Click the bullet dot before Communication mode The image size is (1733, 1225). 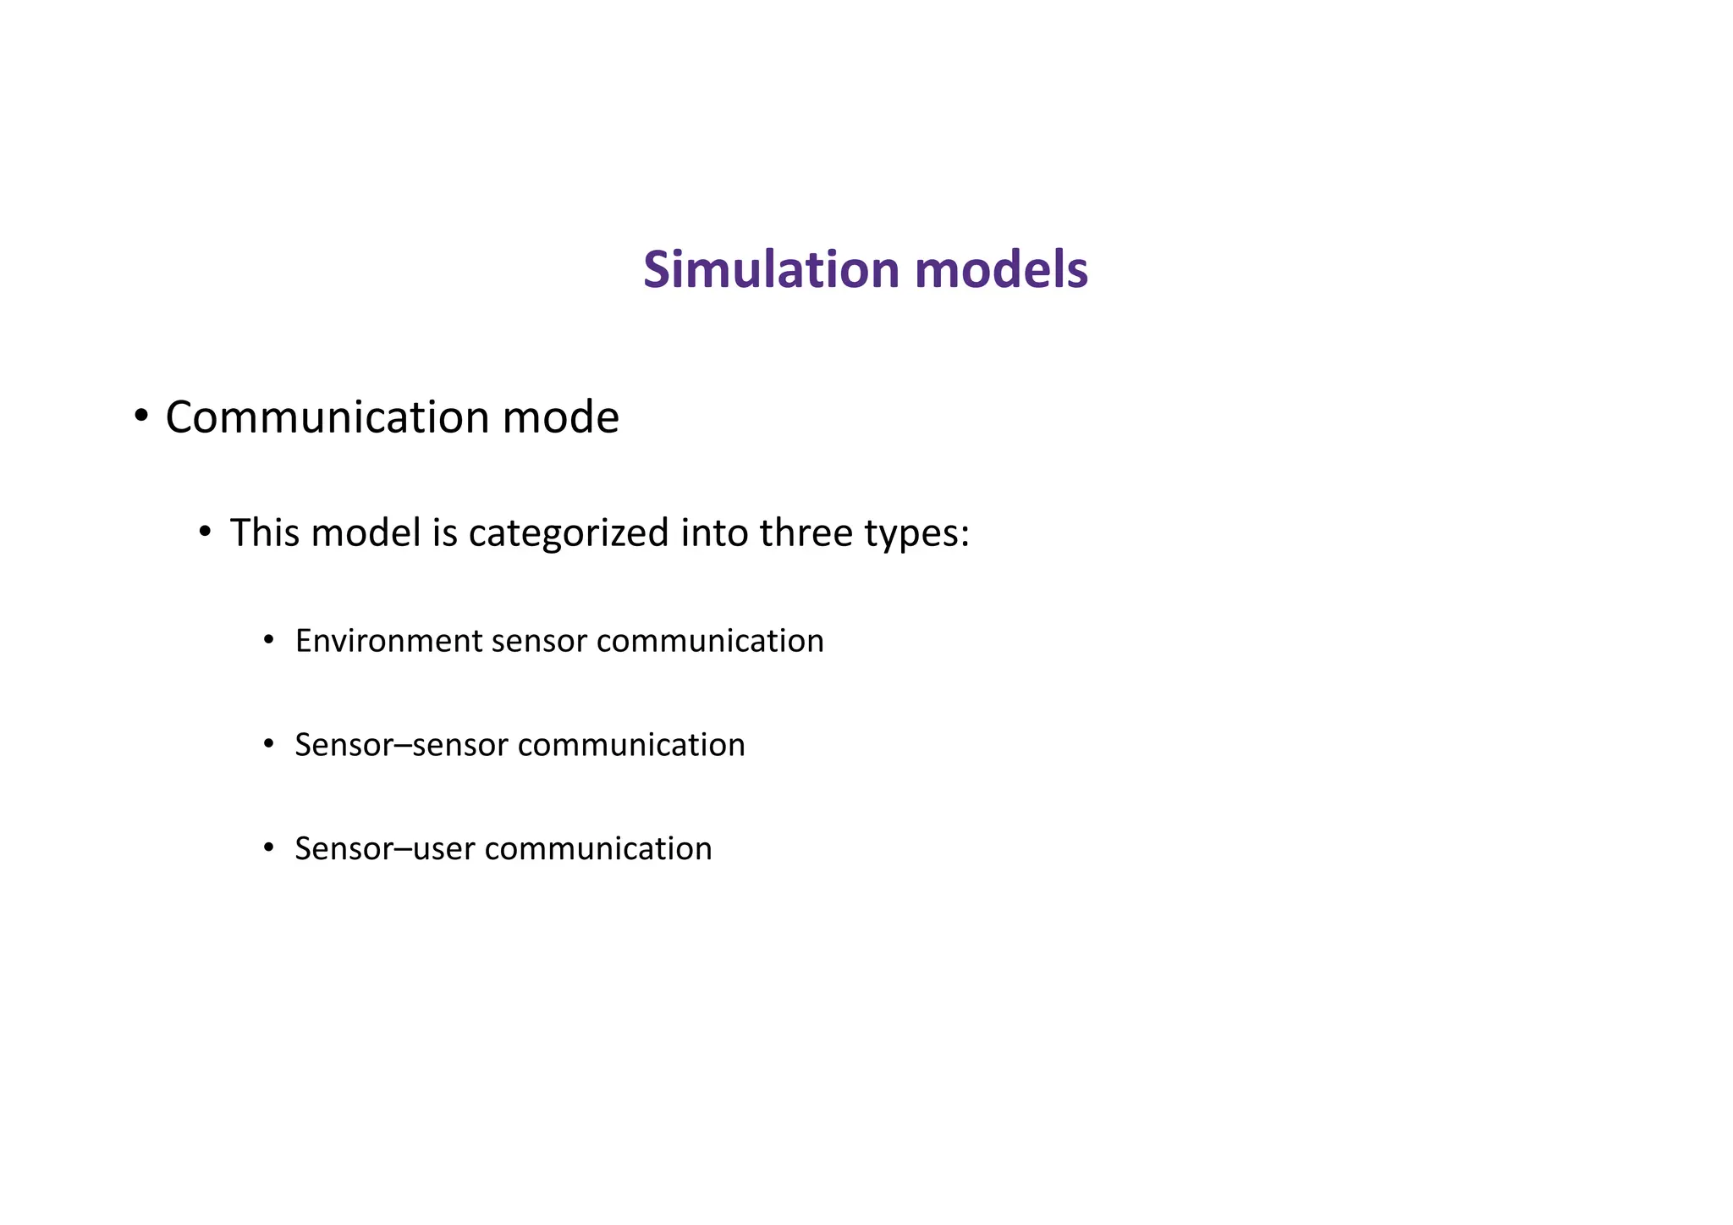tap(141, 416)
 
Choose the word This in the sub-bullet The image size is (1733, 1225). tap(266, 533)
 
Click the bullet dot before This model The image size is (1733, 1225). tap(205, 532)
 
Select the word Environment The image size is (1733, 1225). tap(388, 641)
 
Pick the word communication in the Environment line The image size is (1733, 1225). tap(710, 641)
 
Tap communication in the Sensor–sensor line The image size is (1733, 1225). tap(631, 746)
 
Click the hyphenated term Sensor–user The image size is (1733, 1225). tap(385, 849)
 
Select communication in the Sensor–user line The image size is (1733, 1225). tap(598, 849)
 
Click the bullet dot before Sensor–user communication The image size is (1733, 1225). tap(269, 847)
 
